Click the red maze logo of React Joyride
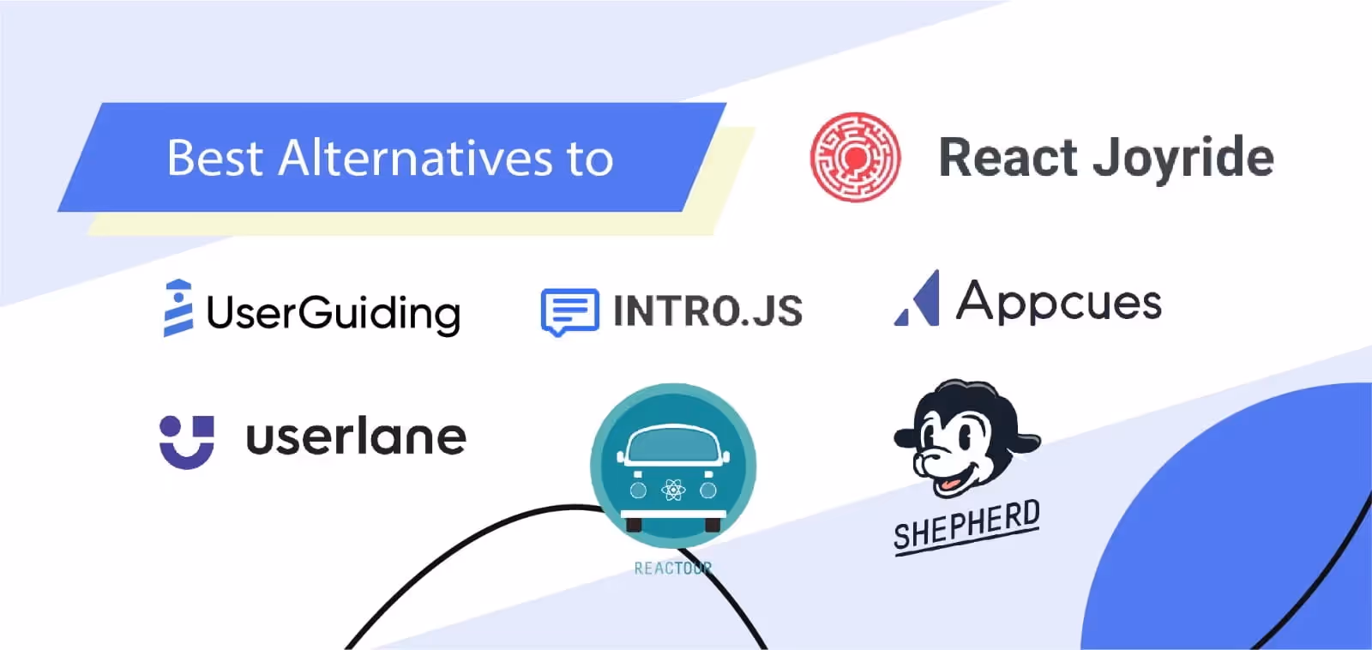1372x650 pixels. point(855,157)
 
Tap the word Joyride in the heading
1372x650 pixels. point(1183,159)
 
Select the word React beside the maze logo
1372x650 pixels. point(1008,158)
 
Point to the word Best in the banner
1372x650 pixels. point(214,159)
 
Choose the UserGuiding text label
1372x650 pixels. point(333,313)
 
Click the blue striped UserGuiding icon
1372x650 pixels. point(178,308)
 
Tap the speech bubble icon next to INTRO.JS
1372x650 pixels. point(569,311)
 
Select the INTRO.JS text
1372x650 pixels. point(707,310)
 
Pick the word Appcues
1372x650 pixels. point(1059,302)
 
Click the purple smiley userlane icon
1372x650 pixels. point(187,442)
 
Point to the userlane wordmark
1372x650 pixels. point(356,437)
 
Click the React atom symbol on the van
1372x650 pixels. point(673,491)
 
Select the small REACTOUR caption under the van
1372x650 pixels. point(672,569)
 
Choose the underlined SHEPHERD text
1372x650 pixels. point(966,527)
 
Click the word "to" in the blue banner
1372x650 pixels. point(590,159)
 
